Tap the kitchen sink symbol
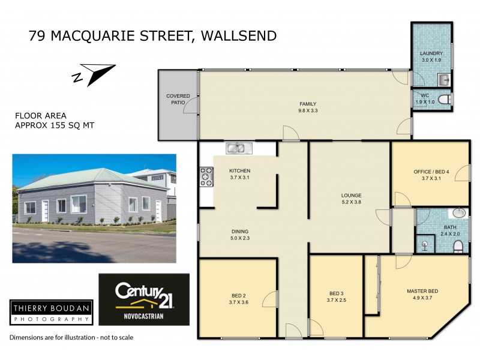(x=239, y=148)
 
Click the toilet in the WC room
(x=444, y=100)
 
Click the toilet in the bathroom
(x=457, y=246)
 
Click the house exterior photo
(x=94, y=208)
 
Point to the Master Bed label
(x=422, y=292)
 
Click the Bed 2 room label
(x=238, y=295)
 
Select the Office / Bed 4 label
(x=431, y=172)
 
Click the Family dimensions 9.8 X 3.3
(x=308, y=110)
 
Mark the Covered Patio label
(x=178, y=100)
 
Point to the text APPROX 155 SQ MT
(x=54, y=125)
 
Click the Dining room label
(x=240, y=232)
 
